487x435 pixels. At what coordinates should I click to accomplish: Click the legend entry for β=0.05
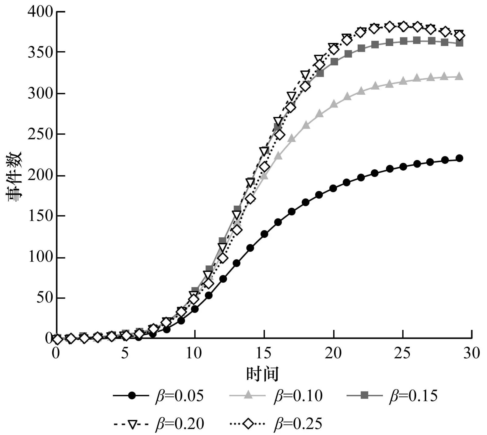coord(158,396)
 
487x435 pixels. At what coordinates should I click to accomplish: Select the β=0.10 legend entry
coord(275,396)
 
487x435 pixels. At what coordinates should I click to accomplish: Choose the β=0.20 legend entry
coord(158,424)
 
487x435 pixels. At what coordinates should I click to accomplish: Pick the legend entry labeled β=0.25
coord(275,424)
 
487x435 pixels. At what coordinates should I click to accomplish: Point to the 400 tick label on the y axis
coord(40,12)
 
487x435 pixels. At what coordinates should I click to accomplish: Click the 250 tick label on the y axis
coord(40,134)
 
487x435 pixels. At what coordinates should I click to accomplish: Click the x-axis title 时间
coord(262,374)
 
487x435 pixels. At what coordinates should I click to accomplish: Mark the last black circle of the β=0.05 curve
coord(459,158)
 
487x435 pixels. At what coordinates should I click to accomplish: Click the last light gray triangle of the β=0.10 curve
coord(459,77)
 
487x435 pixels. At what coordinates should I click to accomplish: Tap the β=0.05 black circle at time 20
coord(333,188)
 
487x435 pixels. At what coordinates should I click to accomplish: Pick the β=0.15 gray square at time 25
coord(404,41)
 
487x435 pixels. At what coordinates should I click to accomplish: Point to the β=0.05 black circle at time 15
coord(264,234)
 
